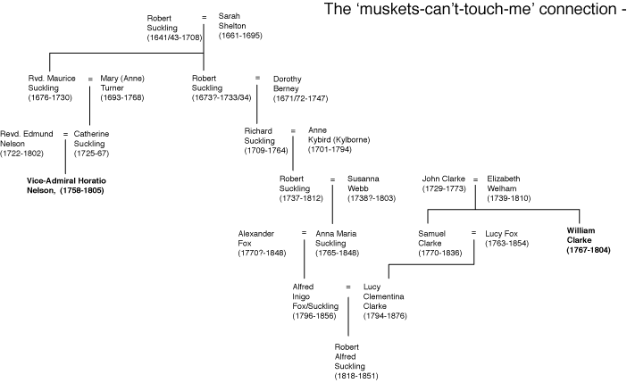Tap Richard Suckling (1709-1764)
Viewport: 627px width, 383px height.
(x=263, y=141)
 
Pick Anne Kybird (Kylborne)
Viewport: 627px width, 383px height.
(x=339, y=140)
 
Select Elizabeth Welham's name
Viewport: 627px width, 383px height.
(x=510, y=188)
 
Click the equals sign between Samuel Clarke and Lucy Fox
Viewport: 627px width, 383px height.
(x=473, y=232)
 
